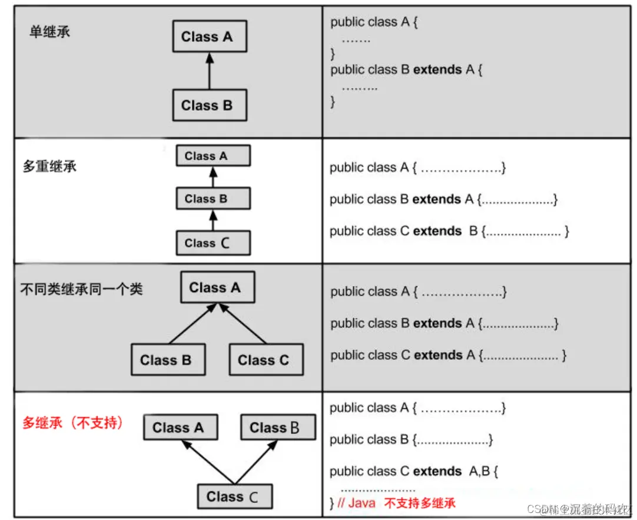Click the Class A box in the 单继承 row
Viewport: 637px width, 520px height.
(x=210, y=37)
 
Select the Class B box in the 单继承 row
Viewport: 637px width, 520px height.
(x=210, y=105)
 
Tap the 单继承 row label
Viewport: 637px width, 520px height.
(x=49, y=32)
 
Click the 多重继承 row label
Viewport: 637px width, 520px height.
(x=49, y=166)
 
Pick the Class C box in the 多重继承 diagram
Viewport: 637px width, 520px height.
(x=213, y=243)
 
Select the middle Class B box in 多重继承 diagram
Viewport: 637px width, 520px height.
(x=213, y=198)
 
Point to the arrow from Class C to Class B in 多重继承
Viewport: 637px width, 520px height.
(x=213, y=221)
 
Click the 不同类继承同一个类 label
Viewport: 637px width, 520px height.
(x=82, y=289)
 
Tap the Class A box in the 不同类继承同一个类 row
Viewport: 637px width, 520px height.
(x=217, y=287)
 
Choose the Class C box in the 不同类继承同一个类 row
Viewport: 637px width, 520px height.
(x=266, y=360)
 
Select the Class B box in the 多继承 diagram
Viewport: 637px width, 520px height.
(x=278, y=428)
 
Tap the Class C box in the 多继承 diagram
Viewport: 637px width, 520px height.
(x=235, y=497)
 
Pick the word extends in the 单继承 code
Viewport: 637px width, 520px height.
(x=437, y=69)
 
